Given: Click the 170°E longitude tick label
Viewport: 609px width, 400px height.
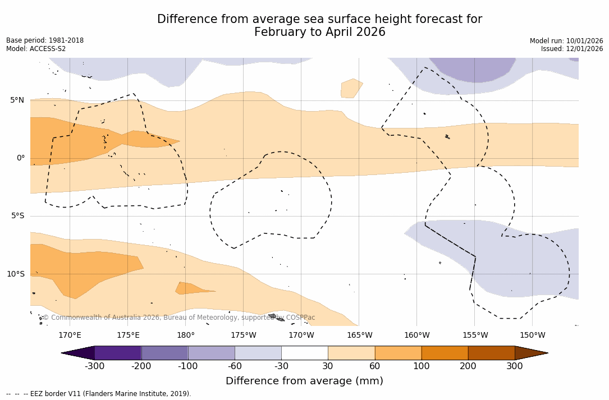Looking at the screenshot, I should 70,335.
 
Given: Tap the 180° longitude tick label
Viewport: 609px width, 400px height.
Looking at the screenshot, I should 186,335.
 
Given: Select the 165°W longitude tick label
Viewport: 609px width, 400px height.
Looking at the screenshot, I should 359,335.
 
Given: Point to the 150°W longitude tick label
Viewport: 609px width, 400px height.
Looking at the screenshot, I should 533,335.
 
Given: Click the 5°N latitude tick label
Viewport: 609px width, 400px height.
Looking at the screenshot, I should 17,100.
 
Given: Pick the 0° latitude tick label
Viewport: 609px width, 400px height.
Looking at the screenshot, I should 21,158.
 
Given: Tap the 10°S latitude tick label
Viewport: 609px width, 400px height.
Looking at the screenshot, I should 15,274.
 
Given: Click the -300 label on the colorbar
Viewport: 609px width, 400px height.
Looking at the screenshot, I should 95,366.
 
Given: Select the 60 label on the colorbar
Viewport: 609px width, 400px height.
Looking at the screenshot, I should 374,366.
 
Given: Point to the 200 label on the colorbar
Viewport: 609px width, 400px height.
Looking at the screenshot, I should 468,366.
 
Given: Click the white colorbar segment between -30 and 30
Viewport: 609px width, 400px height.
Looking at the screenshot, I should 304,353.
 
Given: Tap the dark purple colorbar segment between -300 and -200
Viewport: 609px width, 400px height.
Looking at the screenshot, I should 118,353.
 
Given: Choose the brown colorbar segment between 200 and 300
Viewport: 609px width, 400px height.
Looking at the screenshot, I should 491,353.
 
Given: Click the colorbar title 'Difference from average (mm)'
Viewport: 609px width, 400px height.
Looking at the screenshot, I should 304,381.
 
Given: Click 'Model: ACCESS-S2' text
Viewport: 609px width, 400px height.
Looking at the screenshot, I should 36,49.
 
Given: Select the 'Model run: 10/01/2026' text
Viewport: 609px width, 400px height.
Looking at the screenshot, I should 566,41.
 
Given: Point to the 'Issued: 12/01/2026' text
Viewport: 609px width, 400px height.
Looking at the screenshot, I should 572,49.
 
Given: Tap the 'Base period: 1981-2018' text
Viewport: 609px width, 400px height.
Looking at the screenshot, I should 45,40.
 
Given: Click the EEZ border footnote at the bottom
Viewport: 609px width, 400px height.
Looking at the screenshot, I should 98,394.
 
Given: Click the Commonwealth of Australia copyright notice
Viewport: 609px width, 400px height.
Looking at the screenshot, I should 179,318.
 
